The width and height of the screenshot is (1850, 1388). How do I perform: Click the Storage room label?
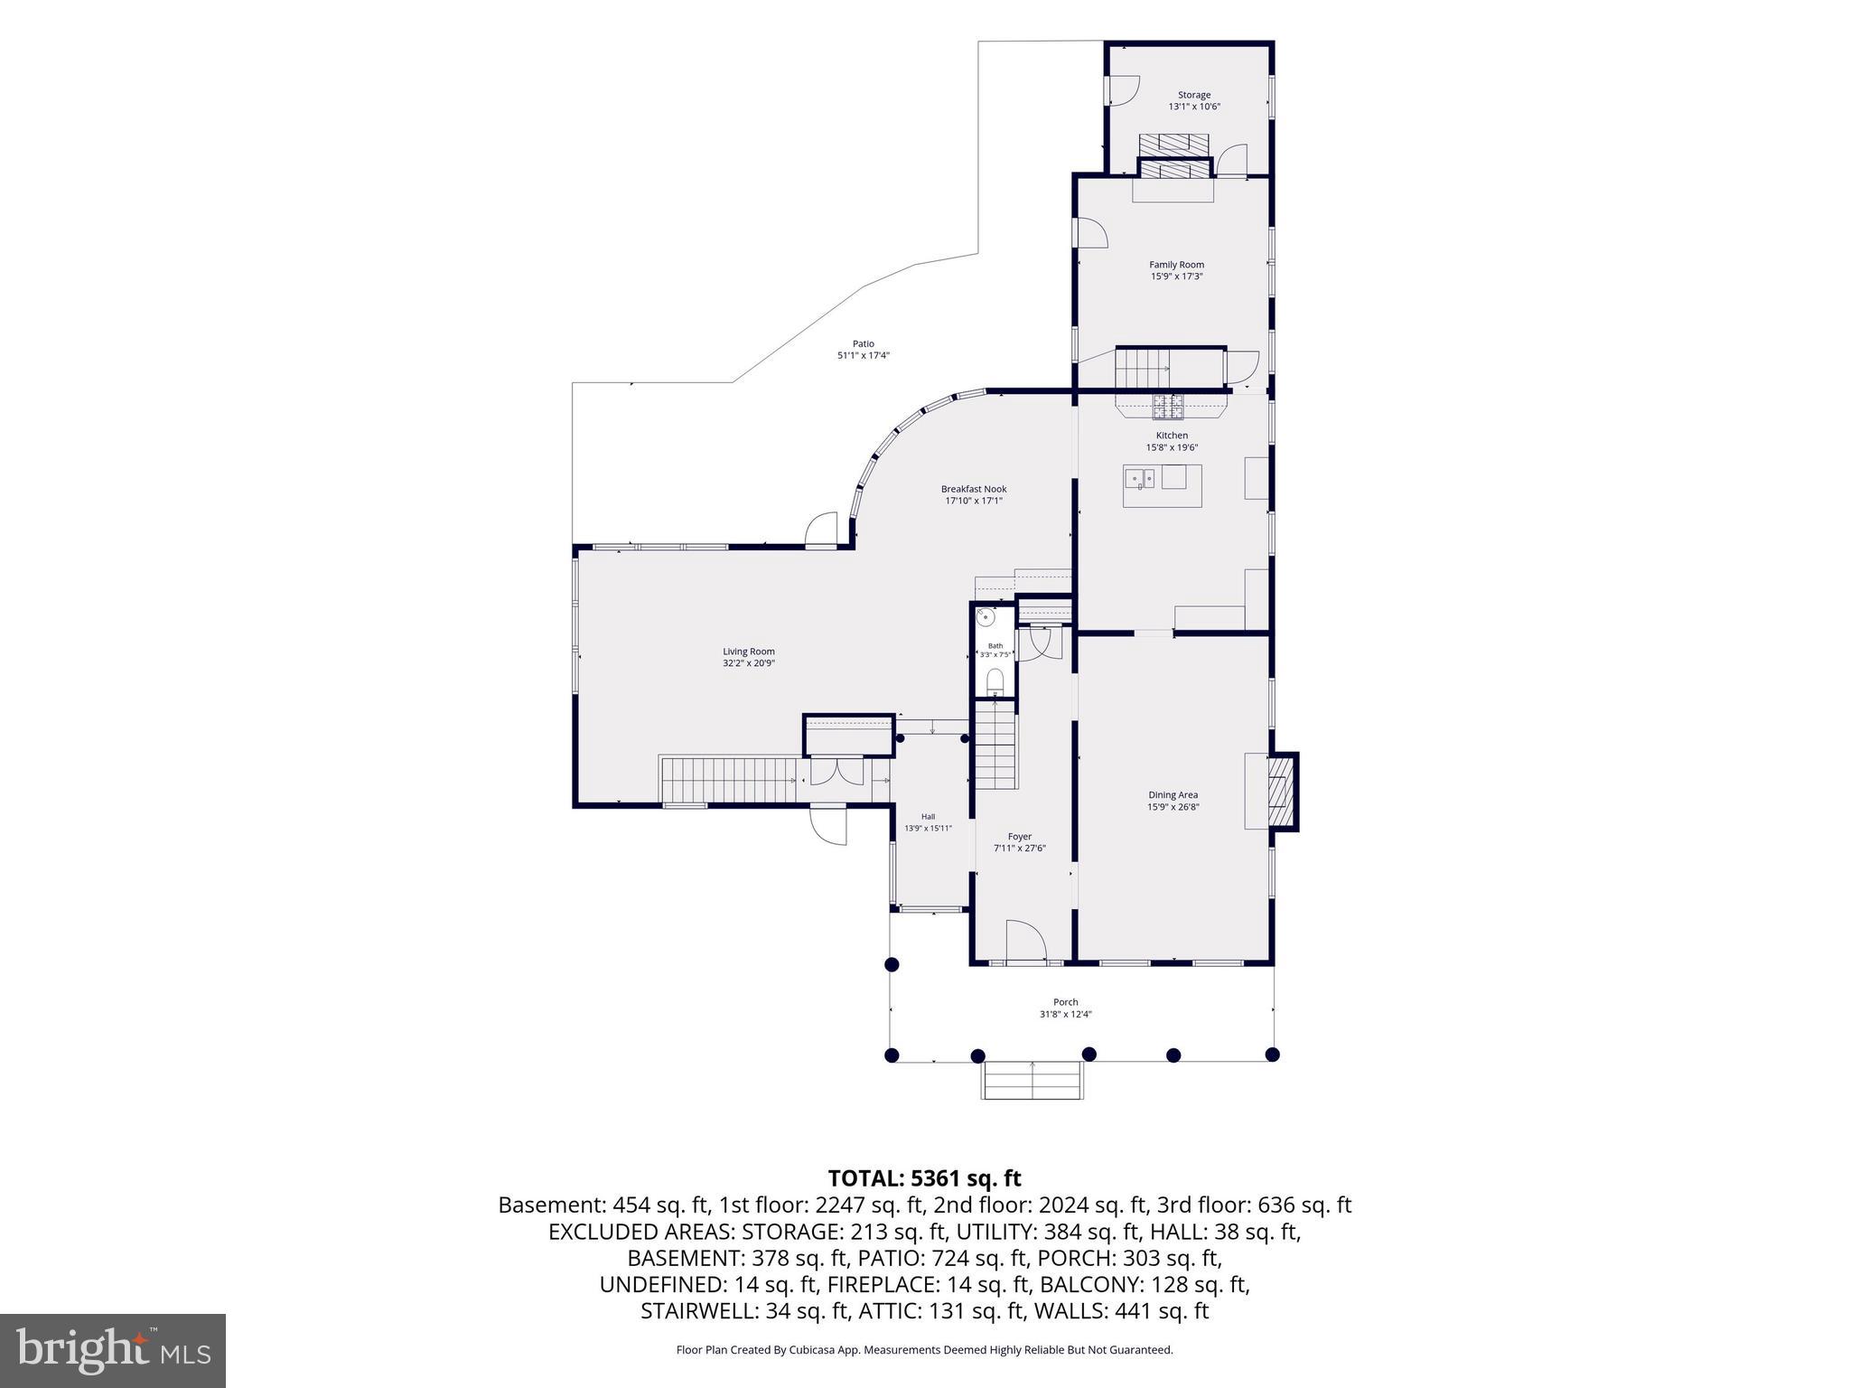click(x=1193, y=95)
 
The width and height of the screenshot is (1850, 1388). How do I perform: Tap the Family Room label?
click(x=1176, y=265)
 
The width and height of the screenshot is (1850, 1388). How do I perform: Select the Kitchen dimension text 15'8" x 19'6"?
click(x=1172, y=447)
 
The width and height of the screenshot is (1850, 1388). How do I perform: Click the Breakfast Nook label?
click(x=974, y=489)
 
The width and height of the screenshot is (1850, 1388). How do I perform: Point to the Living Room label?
click(x=749, y=652)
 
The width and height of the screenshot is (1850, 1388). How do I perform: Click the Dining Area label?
click(x=1173, y=795)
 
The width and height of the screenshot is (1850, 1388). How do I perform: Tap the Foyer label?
click(x=1020, y=837)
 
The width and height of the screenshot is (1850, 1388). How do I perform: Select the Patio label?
click(x=864, y=343)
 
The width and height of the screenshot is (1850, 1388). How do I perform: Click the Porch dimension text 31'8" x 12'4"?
click(x=1066, y=1014)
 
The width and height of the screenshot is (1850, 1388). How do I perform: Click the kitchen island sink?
click(x=1141, y=477)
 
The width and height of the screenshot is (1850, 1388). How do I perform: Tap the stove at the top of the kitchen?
click(x=1167, y=408)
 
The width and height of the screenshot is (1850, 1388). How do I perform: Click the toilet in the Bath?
click(x=995, y=681)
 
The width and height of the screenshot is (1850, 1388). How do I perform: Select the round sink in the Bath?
click(x=987, y=617)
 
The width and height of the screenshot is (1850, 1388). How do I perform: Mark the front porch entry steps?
click(x=1032, y=1081)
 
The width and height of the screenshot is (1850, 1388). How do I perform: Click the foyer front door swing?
click(x=1025, y=942)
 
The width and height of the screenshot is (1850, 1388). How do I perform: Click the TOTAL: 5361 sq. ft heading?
click(x=924, y=1178)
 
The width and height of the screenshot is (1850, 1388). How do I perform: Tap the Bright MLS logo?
click(x=113, y=1351)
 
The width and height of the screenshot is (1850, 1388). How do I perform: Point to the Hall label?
click(x=928, y=817)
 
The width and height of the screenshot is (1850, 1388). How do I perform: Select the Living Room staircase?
click(x=729, y=781)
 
